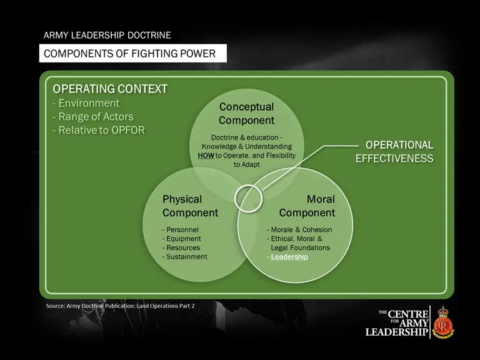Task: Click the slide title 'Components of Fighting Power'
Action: tap(129, 54)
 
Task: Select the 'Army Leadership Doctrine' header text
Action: tap(107, 36)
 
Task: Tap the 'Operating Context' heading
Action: tap(110, 89)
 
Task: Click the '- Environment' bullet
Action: tap(86, 103)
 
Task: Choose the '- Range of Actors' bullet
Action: tap(93, 117)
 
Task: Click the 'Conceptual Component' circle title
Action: tap(246, 114)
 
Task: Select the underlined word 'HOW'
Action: tap(197, 155)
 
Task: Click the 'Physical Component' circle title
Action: tap(190, 206)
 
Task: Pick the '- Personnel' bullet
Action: tap(181, 229)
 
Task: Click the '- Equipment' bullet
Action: tap(182, 239)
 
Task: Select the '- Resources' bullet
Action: tap(181, 247)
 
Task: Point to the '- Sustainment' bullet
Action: tap(185, 257)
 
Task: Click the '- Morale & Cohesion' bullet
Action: tap(299, 229)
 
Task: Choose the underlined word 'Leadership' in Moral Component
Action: tap(289, 257)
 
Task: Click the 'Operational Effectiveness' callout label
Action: tap(394, 151)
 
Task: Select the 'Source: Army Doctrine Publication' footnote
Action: tap(120, 306)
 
